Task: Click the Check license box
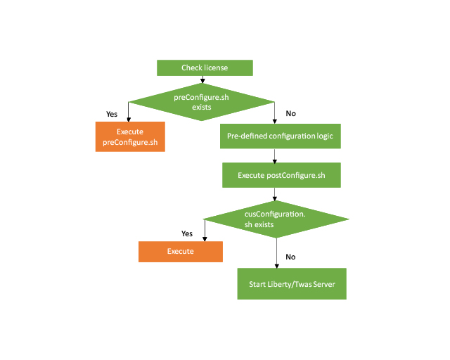pos(204,67)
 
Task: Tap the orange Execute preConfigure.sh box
pos(130,136)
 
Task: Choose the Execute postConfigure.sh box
pos(281,175)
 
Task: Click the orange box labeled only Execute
pos(181,251)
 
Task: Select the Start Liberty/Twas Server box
pos(292,285)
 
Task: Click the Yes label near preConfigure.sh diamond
pos(111,113)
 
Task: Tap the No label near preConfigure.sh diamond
pos(290,113)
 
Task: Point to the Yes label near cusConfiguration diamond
pos(187,233)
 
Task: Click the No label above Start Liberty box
pos(290,257)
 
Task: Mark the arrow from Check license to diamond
pos(202,79)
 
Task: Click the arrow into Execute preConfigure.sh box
pos(128,112)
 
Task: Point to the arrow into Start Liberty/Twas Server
pos(278,253)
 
